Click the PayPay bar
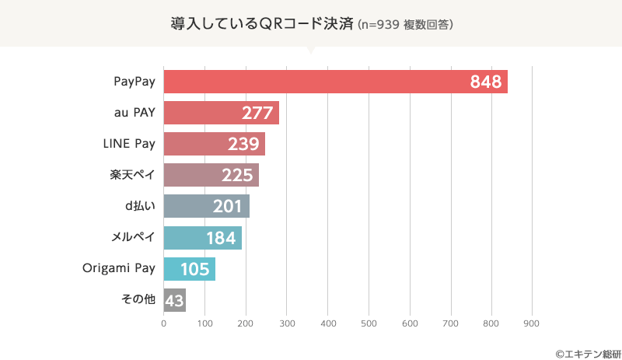[334, 82]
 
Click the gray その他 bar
[174, 300]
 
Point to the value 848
[486, 82]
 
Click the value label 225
[237, 176]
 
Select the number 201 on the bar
[229, 207]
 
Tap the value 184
[220, 238]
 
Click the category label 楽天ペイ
[133, 175]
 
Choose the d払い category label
[139, 206]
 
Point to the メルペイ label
[134, 237]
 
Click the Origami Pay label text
[119, 269]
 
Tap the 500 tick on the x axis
[369, 323]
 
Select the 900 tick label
[532, 323]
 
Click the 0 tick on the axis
[164, 323]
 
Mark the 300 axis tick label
[287, 323]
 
